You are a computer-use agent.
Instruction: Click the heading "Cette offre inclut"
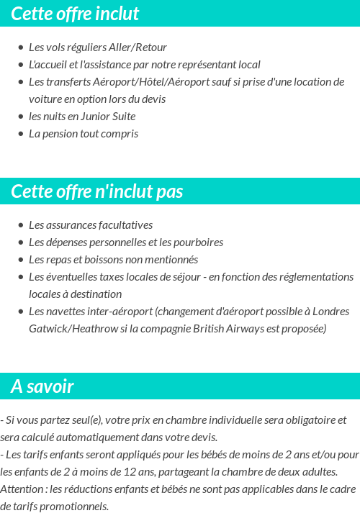tap(75, 14)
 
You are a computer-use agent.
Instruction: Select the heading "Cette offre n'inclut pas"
tap(97, 191)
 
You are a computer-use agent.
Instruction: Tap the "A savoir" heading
tap(42, 386)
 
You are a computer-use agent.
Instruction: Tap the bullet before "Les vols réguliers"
tap(20, 47)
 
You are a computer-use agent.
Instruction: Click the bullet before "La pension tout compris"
tap(20, 134)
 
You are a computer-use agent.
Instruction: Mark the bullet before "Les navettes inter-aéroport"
tap(20, 312)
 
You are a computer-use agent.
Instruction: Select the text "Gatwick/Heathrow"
tap(69, 328)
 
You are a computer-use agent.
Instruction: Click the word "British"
tap(208, 328)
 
